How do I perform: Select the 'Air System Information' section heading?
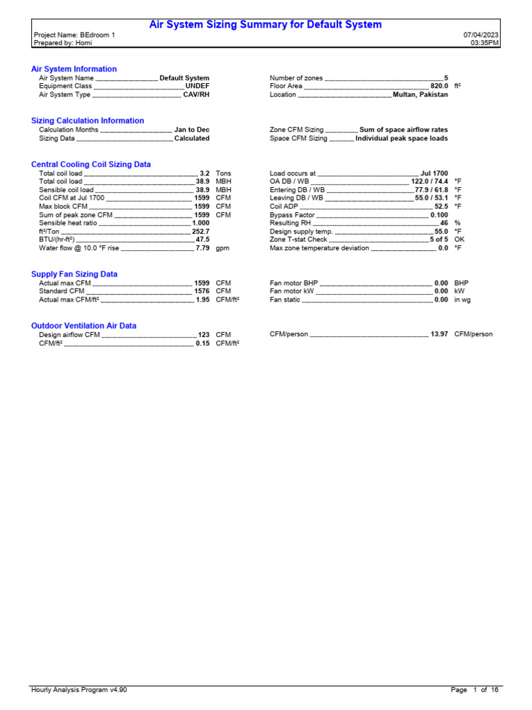click(x=74, y=69)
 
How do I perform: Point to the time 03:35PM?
click(x=485, y=43)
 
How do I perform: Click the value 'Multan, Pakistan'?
click(x=420, y=95)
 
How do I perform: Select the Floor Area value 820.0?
click(x=438, y=87)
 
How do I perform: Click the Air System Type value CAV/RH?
click(x=196, y=95)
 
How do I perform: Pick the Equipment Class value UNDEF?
click(x=197, y=87)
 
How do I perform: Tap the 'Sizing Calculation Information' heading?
click(x=88, y=121)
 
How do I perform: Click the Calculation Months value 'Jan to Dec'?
click(x=192, y=130)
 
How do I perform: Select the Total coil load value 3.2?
click(x=204, y=173)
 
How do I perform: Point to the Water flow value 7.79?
click(x=202, y=248)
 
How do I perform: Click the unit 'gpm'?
click(x=222, y=248)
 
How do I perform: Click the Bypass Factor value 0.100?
click(x=439, y=215)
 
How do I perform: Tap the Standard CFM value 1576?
click(x=202, y=291)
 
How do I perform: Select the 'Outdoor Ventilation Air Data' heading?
click(x=84, y=326)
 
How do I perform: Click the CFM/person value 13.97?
click(x=439, y=334)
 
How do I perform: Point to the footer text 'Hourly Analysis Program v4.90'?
click(x=80, y=690)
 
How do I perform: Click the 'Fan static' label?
click(x=285, y=300)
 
